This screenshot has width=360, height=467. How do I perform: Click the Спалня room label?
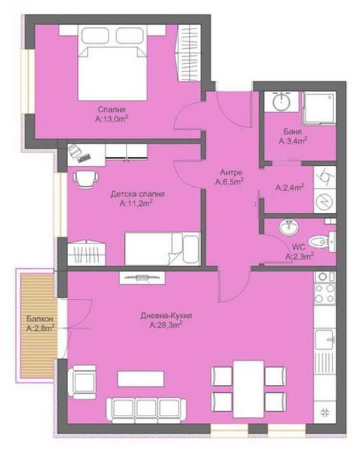111,109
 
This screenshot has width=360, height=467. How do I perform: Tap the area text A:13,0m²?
111,119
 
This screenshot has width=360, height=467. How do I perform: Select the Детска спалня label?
137,194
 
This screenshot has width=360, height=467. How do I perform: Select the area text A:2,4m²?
289,188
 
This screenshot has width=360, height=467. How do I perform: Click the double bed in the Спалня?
112,63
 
